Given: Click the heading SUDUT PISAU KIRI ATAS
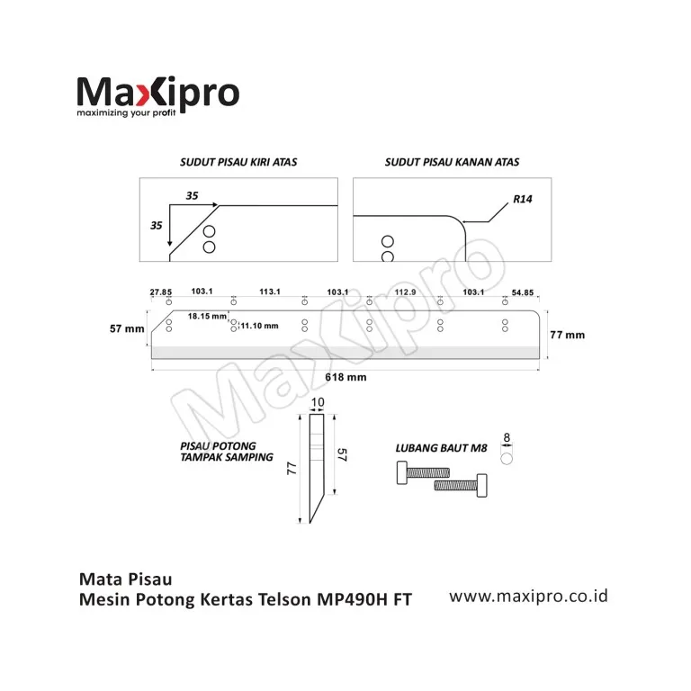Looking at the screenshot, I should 238,163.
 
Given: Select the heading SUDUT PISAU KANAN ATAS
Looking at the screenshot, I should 452,163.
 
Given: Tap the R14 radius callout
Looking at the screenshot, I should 523,199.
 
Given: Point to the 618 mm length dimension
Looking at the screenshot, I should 345,378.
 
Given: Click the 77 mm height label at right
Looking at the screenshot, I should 567,335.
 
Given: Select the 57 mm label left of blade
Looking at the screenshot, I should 127,329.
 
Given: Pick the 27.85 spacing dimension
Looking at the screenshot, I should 160,292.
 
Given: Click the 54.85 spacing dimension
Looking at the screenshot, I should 523,292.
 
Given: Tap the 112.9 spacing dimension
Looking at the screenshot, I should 404,292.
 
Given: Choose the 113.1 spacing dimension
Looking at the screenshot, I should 270,292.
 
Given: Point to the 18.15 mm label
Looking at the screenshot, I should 207,317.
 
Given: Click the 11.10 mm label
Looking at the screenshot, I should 260,326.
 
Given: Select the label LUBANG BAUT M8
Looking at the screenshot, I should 442,447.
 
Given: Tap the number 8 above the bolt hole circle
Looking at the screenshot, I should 507,438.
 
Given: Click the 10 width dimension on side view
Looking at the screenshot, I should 317,402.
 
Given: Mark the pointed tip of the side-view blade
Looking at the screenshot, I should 308,524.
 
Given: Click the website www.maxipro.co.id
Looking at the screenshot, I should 529,596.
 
